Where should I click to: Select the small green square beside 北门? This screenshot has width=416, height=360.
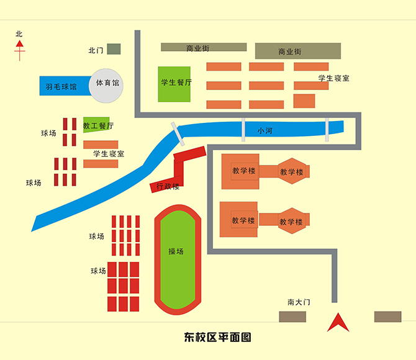114,49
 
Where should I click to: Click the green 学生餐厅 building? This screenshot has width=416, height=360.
174,84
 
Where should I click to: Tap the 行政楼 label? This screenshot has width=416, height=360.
168,186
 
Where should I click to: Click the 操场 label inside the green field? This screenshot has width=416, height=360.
176,251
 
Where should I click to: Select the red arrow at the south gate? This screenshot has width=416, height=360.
337,322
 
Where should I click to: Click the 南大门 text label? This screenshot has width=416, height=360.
298,302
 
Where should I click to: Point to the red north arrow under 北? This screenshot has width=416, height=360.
20,50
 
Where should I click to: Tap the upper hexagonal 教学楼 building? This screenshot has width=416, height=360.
291,172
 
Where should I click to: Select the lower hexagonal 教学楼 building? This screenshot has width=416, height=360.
291,222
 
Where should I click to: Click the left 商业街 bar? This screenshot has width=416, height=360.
204,47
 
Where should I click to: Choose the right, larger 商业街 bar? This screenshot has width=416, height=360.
298,51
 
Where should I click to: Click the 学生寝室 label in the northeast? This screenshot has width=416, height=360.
333,78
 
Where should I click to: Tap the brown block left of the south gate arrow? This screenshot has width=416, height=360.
292,317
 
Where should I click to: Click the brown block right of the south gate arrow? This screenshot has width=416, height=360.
387,317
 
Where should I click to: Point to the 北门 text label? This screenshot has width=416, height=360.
96,50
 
